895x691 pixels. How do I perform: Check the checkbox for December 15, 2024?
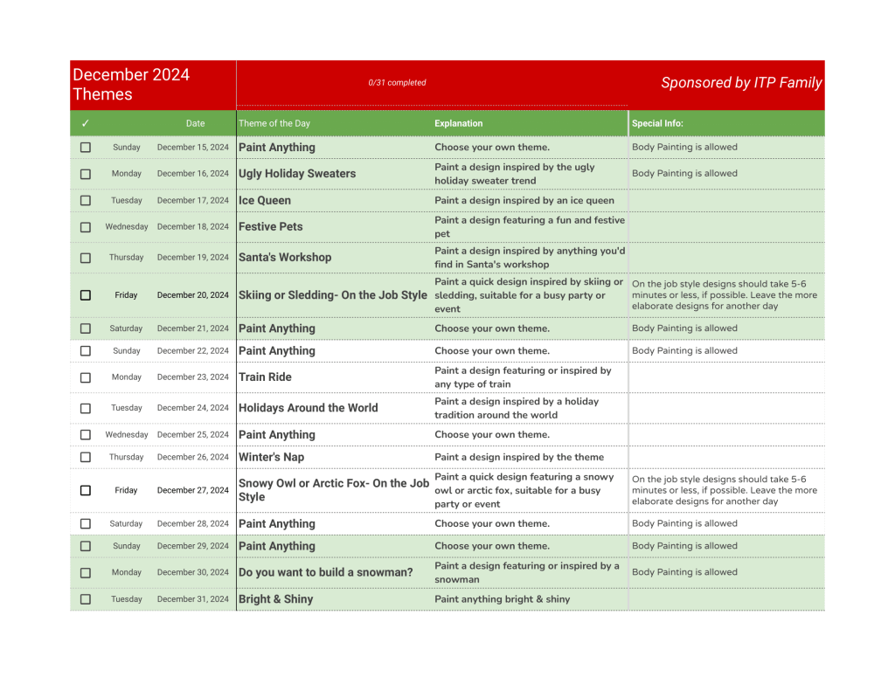tap(86, 148)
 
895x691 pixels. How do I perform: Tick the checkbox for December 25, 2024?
tap(86, 435)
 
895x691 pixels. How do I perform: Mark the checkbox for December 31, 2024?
tap(86, 599)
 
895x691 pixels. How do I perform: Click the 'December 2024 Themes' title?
tap(131, 85)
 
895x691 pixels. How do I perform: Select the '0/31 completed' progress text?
tap(397, 83)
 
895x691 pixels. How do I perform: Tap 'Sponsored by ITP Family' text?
tap(741, 83)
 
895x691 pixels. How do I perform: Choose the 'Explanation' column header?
tap(458, 123)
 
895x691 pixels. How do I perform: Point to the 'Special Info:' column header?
tap(657, 123)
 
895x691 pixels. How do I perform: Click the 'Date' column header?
tap(195, 123)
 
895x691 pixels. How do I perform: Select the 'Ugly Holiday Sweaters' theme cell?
tap(297, 174)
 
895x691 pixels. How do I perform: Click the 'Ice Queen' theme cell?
tap(265, 200)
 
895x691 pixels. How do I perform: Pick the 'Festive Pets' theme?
tap(271, 226)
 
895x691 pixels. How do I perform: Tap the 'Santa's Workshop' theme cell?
tap(285, 258)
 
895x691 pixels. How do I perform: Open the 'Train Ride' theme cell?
tap(265, 377)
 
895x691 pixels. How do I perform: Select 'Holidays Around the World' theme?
tap(309, 408)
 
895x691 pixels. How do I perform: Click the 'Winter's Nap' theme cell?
tap(272, 457)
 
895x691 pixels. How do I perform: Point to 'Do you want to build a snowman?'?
tap(325, 572)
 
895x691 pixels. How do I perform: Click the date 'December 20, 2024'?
tap(193, 295)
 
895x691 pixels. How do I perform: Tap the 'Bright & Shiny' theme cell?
tap(275, 599)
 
